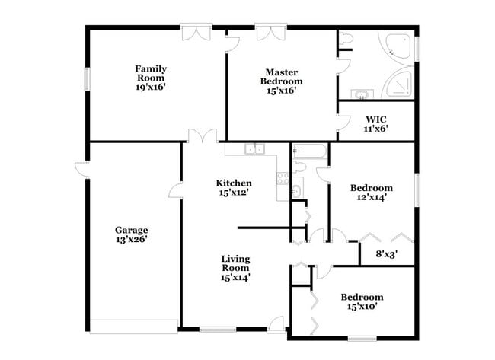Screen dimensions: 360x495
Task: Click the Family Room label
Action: pos(151,73)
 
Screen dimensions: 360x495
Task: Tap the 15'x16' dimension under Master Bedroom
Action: pos(281,91)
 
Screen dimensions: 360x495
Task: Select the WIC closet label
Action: pos(376,119)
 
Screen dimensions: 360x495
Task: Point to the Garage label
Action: pos(131,230)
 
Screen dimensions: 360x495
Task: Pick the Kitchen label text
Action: pos(234,183)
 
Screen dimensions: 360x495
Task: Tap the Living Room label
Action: pos(235,263)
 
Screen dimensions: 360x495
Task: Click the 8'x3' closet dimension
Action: pos(388,254)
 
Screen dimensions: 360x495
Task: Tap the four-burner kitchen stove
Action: pos(283,180)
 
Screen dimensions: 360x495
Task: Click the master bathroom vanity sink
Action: pos(360,94)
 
